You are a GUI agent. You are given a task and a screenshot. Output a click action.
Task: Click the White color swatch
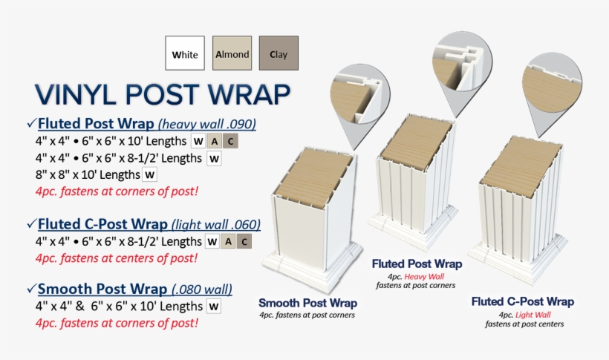tap(184, 53)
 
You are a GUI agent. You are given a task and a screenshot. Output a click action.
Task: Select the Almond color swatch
tap(231, 53)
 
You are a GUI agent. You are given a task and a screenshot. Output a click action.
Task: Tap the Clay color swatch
tap(279, 53)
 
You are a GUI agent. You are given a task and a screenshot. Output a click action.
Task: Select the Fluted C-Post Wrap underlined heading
tap(102, 223)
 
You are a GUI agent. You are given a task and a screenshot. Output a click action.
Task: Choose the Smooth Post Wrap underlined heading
tap(97, 289)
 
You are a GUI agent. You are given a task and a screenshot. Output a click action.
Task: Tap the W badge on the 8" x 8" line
tap(149, 175)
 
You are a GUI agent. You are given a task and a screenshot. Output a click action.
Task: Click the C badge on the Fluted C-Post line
tap(244, 241)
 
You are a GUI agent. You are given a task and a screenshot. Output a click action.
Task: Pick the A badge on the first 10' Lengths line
tap(214, 140)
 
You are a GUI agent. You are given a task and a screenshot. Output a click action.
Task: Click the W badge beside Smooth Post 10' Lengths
tap(214, 306)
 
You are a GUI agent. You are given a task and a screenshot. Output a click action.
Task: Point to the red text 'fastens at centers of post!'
tap(116, 258)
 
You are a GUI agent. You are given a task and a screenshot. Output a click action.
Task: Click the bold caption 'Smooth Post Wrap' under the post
tap(307, 303)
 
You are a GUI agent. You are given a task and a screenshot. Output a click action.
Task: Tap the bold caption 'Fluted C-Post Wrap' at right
tap(523, 301)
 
